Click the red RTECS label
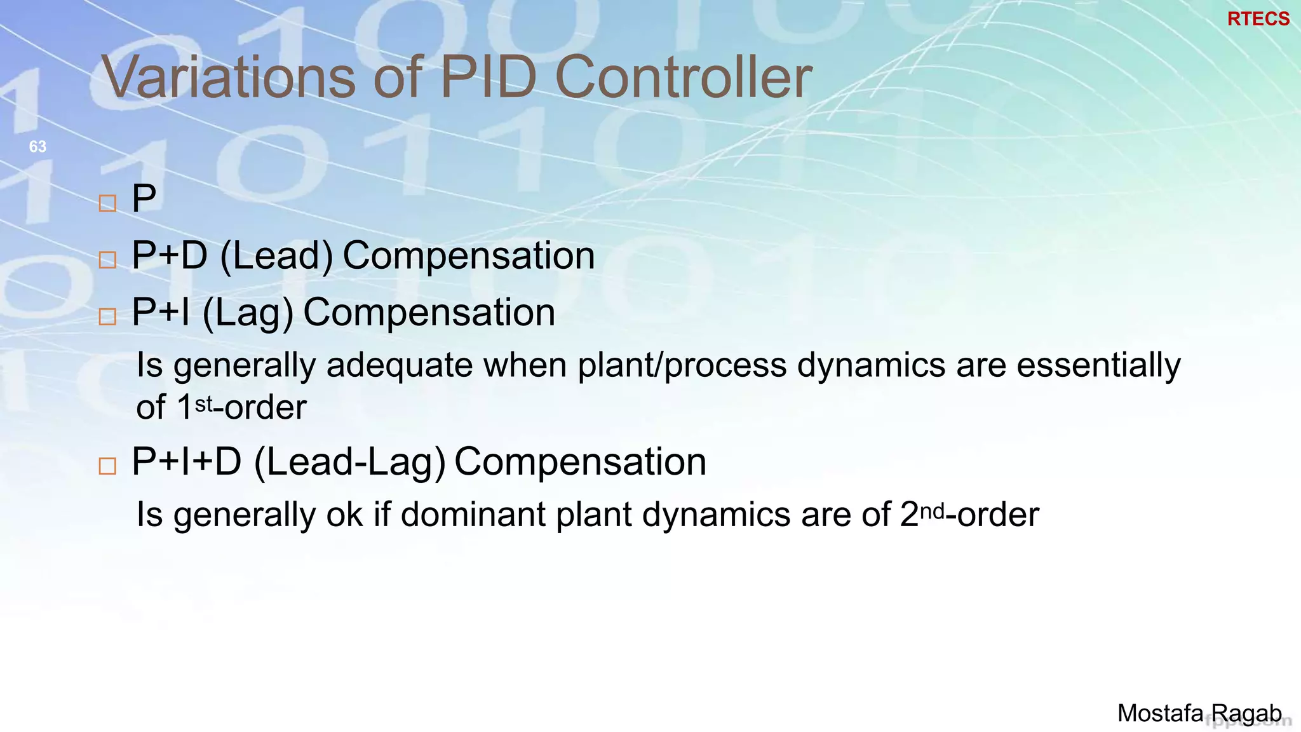1258,19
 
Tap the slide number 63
37,147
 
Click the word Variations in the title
229,77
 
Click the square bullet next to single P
108,203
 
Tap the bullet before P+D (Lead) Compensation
108,260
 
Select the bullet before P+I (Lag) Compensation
108,316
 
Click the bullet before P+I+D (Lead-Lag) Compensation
108,466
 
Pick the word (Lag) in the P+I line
248,313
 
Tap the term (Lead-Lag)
349,463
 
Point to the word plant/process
682,366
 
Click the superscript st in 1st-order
204,404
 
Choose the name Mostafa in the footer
1160,714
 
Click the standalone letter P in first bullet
144,198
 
